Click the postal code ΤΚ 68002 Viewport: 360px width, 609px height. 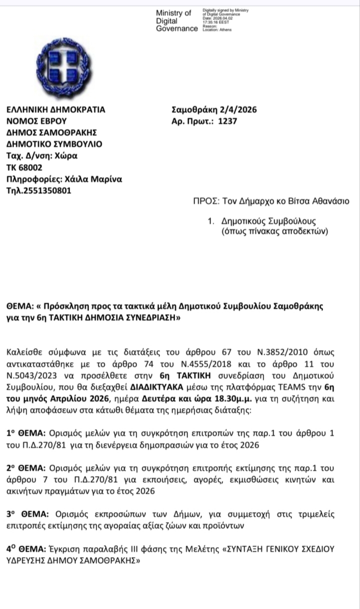pyautogui.click(x=24, y=167)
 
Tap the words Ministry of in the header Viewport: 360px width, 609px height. pyautogui.click(x=173, y=13)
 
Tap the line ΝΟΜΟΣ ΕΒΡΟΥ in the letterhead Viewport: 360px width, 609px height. pyautogui.click(x=36, y=121)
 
